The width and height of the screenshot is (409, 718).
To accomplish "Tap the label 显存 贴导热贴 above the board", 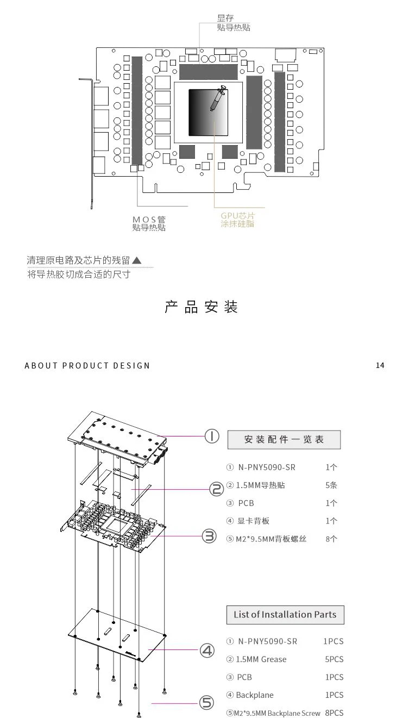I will pyautogui.click(x=233, y=23).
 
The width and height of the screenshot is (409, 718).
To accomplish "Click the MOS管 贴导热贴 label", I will pyautogui.click(x=149, y=223).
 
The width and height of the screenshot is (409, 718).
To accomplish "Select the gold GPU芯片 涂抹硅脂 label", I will pyautogui.click(x=237, y=220).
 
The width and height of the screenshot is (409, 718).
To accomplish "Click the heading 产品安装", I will pyautogui.click(x=202, y=307).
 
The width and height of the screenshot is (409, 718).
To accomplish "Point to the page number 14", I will pyautogui.click(x=380, y=365).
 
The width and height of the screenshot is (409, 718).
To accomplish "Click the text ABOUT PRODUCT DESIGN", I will pyautogui.click(x=87, y=365).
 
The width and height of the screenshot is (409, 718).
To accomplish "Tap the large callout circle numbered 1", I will pyautogui.click(x=211, y=436).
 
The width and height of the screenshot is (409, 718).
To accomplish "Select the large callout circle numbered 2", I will pyautogui.click(x=217, y=489).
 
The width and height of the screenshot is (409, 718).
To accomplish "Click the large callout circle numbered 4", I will pyautogui.click(x=207, y=650).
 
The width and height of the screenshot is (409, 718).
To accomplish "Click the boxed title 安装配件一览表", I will pyautogui.click(x=284, y=440).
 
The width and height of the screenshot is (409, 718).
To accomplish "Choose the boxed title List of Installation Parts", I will pyautogui.click(x=285, y=615).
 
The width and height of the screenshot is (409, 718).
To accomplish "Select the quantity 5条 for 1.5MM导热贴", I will pyautogui.click(x=331, y=485).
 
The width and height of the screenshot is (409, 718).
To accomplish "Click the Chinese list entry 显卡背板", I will pyautogui.click(x=253, y=521).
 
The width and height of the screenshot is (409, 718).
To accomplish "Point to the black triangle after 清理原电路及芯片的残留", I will pyautogui.click(x=137, y=260).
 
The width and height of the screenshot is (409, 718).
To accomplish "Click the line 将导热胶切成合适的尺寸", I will pyautogui.click(x=79, y=274).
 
